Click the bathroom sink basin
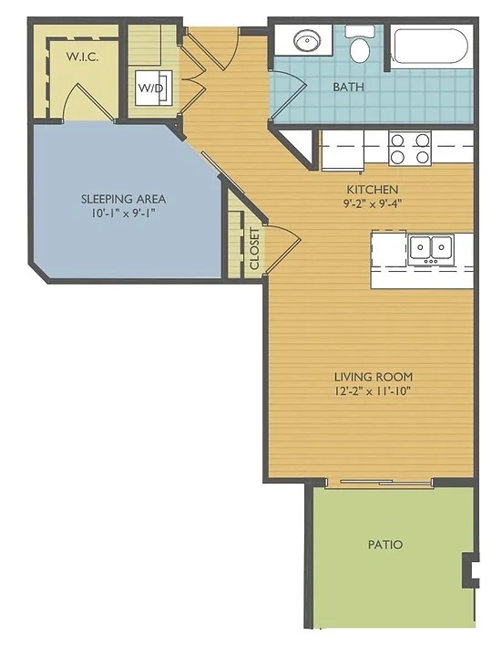[x=307, y=40]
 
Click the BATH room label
[x=348, y=87]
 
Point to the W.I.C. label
[x=82, y=57]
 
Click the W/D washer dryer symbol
[x=154, y=88]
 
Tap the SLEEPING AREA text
[x=123, y=199]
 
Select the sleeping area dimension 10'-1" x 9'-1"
[x=123, y=214]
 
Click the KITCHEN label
[x=373, y=190]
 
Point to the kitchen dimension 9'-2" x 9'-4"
[x=373, y=203]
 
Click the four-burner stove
[x=410, y=149]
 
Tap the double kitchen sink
[x=431, y=249]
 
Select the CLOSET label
[x=255, y=248]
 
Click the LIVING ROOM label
[x=374, y=377]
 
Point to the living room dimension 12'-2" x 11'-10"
[x=374, y=391]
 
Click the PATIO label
[x=385, y=545]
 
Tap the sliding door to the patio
[x=379, y=482]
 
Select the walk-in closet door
[x=88, y=100]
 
